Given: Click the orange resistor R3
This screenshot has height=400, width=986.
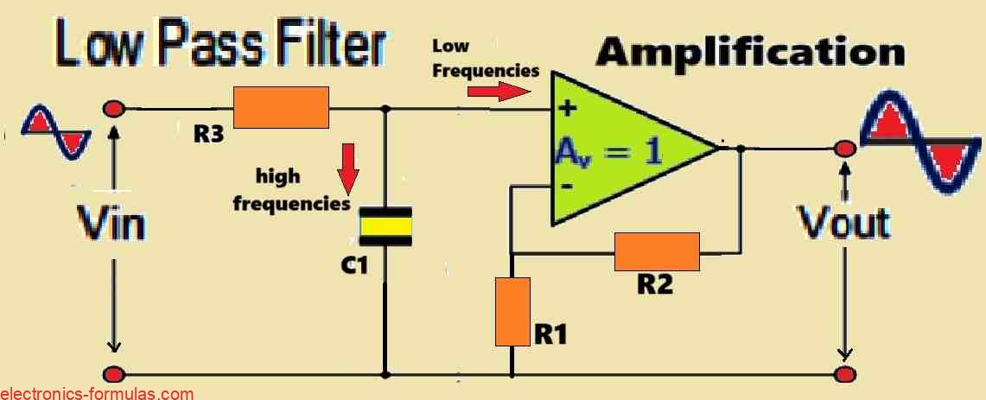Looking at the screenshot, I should (x=282, y=107).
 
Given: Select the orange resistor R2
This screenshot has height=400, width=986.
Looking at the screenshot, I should (x=657, y=252).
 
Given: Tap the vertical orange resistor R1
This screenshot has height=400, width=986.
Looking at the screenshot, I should (x=512, y=310).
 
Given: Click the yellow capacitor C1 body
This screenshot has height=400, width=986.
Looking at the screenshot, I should (x=385, y=227).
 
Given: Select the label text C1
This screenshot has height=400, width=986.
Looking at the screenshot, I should (x=353, y=266).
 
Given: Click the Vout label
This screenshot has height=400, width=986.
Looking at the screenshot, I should (x=843, y=223).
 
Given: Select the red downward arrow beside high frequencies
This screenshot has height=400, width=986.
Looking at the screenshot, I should (x=348, y=169).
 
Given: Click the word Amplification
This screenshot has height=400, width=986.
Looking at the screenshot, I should (x=750, y=53).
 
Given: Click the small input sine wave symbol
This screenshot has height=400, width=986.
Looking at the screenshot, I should (x=55, y=131).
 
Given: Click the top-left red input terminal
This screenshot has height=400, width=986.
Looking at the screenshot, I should (x=113, y=109).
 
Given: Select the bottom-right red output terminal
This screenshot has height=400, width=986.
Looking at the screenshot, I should (x=844, y=374).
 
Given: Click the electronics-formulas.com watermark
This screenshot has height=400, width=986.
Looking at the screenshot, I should (x=97, y=393).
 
